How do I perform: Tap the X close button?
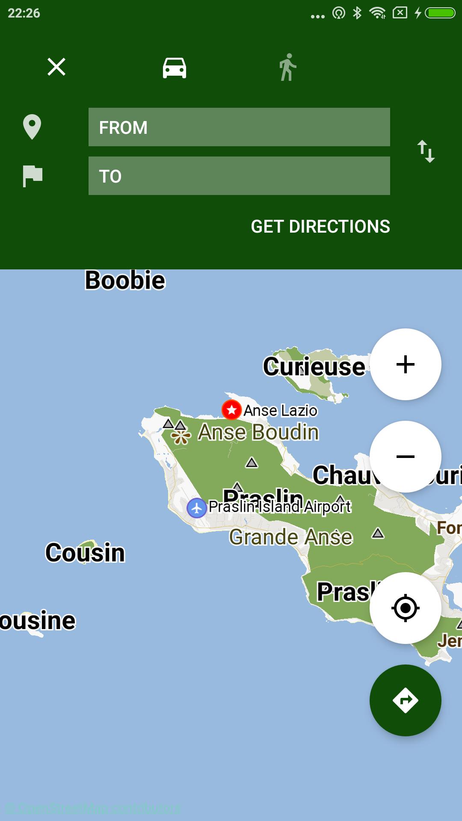(x=56, y=67)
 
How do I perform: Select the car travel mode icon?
(x=175, y=68)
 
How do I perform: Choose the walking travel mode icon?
(x=288, y=67)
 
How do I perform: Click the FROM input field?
(x=239, y=127)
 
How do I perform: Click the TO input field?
(x=239, y=176)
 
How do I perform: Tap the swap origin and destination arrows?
(x=426, y=151)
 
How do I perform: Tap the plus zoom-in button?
(x=405, y=364)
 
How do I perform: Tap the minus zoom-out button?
(x=405, y=456)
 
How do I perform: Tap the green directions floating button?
(x=405, y=700)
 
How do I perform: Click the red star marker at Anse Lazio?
(x=231, y=410)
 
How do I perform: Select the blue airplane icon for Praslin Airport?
(x=197, y=508)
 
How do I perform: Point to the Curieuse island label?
(x=314, y=366)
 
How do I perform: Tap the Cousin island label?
(x=85, y=552)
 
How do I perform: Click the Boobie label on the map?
(x=125, y=281)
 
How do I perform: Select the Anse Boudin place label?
(x=258, y=432)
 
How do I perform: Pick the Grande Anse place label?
(x=291, y=537)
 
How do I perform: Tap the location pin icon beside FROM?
(x=32, y=127)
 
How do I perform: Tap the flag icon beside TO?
(x=33, y=176)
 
